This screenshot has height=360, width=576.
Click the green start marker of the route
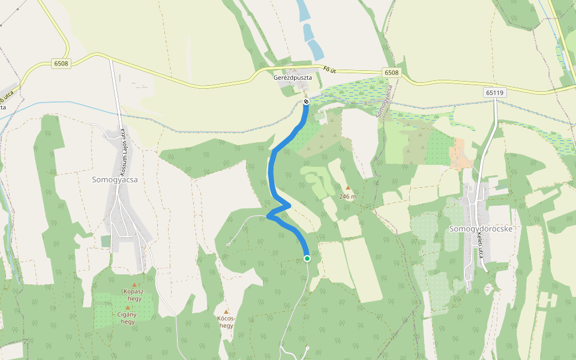307,258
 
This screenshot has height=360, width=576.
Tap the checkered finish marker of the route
306,101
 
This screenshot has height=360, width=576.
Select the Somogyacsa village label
115,179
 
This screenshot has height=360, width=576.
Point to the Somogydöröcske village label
482,229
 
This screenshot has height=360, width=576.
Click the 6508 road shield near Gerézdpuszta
391,73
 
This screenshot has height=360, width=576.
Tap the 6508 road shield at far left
61,64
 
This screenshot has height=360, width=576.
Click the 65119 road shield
494,92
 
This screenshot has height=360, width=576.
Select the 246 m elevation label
347,196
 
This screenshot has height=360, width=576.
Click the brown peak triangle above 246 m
347,188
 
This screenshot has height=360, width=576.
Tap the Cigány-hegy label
127,317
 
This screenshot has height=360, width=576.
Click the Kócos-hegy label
226,322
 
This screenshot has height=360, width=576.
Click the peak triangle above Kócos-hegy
226,311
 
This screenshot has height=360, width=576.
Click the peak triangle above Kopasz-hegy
134,284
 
